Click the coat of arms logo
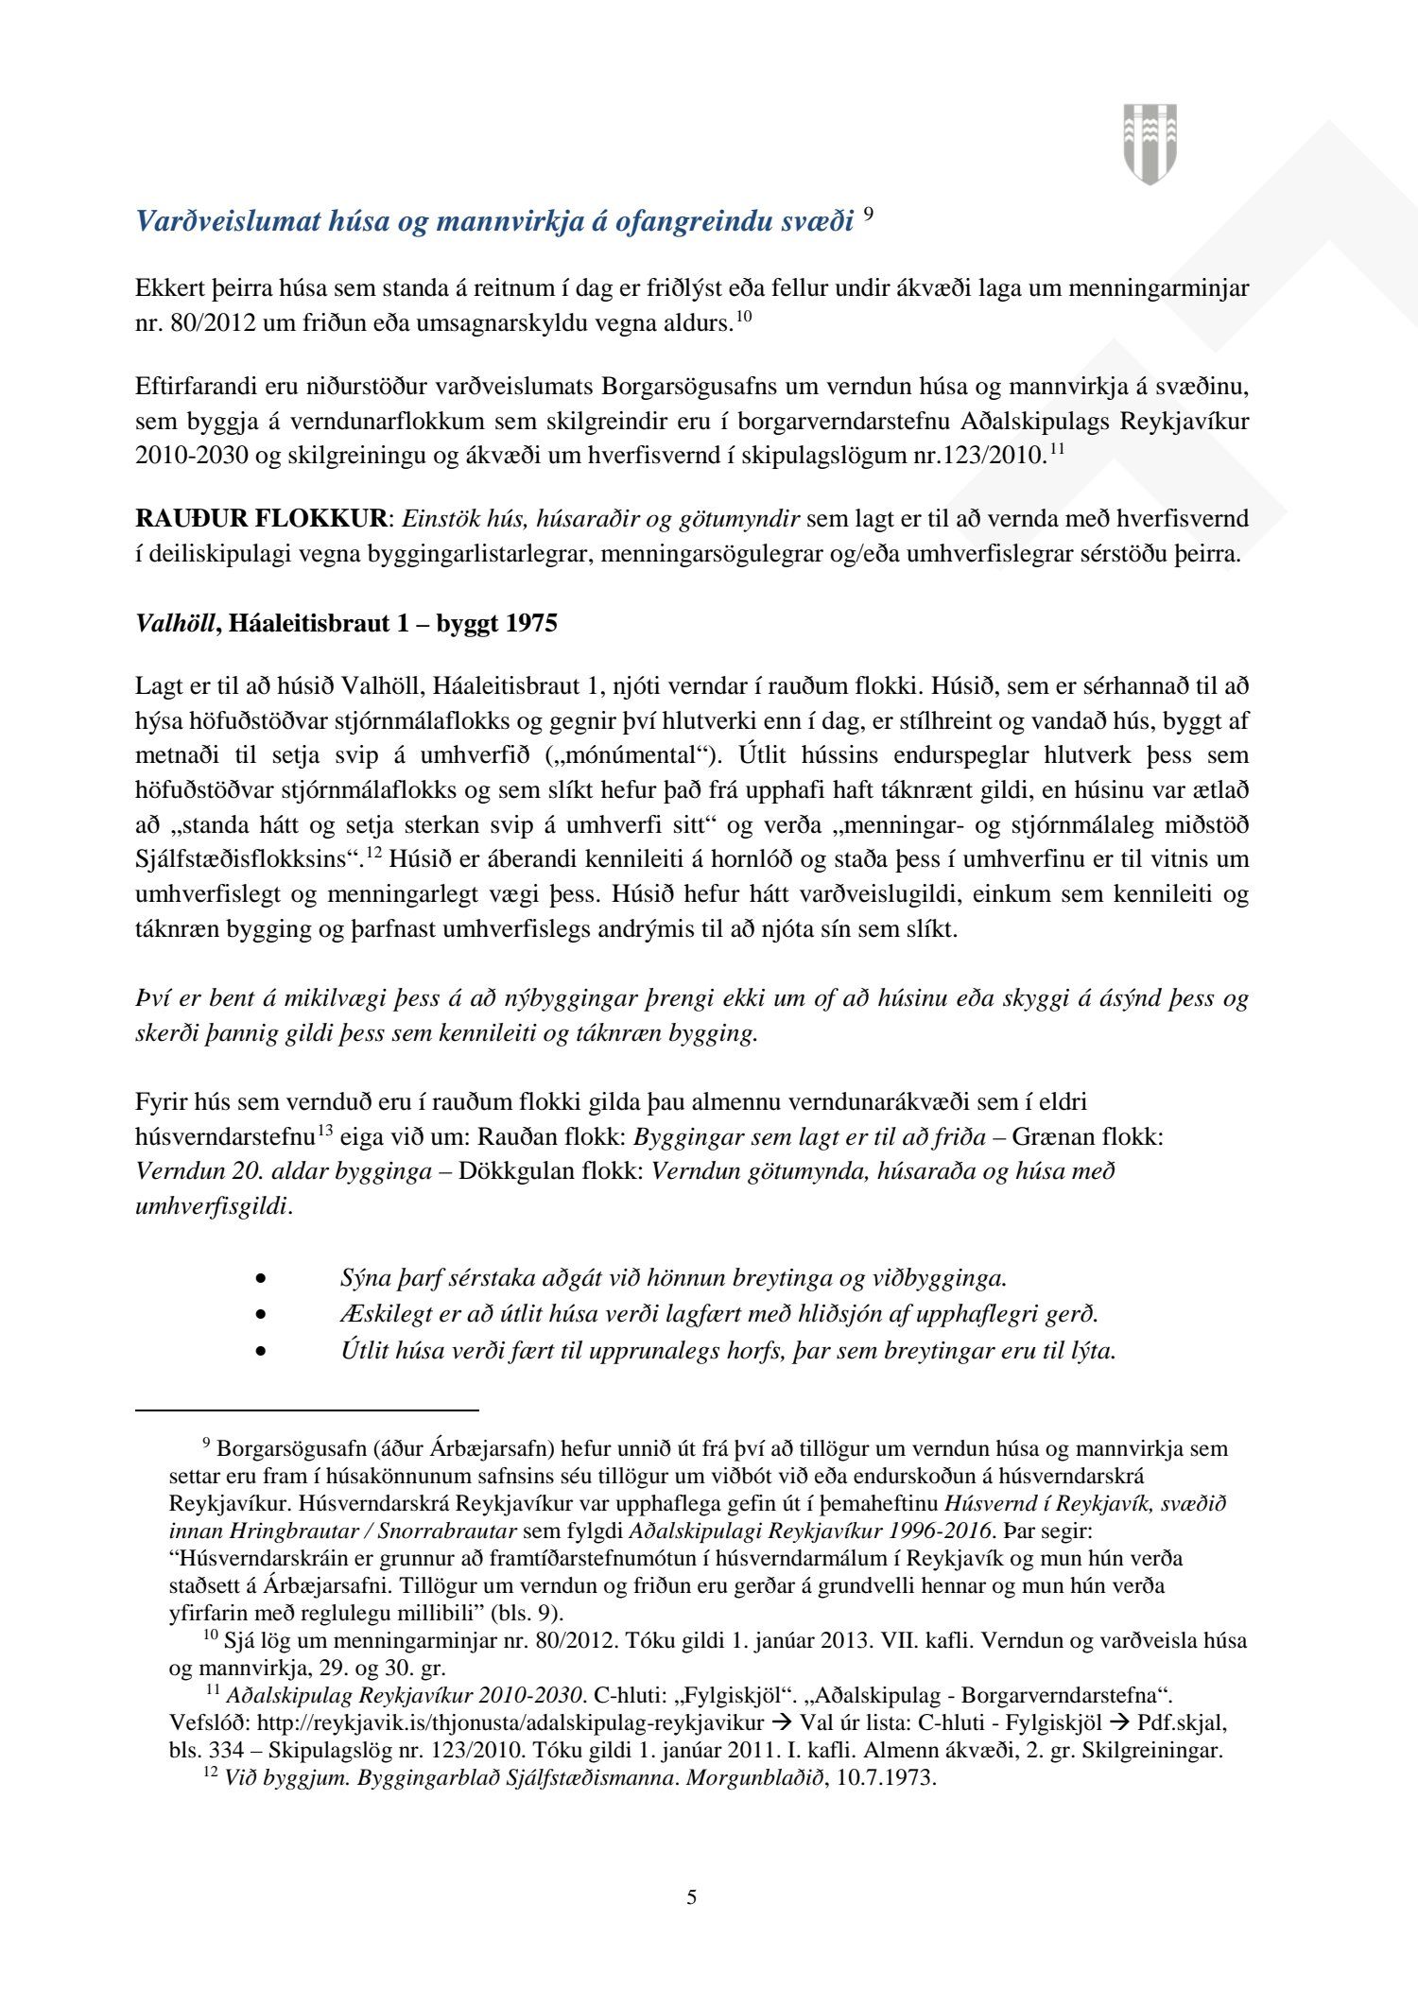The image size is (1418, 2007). tap(1150, 144)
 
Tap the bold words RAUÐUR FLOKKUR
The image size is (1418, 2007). tap(261, 519)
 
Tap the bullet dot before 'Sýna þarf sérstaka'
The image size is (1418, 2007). tap(261, 1279)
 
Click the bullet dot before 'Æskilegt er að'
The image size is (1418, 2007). tap(261, 1315)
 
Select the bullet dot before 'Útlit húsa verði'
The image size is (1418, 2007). tap(261, 1351)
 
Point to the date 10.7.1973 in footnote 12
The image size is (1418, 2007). tap(881, 1778)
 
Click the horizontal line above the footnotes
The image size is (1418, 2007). tap(307, 1410)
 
